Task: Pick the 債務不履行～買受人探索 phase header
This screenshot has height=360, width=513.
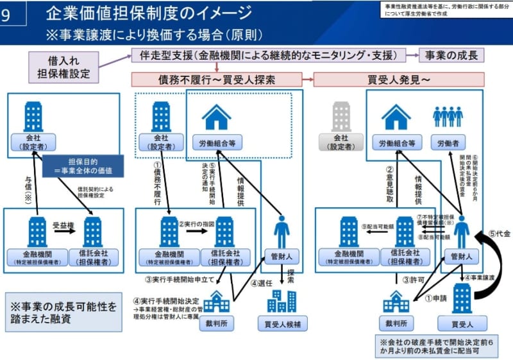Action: [x=217, y=80]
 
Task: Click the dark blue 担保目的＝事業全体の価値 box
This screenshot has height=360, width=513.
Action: [x=82, y=166]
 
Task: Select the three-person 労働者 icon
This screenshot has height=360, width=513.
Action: [x=448, y=116]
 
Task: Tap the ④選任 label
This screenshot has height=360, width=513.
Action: [x=262, y=283]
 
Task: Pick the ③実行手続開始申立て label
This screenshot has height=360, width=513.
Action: [x=180, y=279]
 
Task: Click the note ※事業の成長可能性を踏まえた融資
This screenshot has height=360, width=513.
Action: [x=63, y=313]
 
